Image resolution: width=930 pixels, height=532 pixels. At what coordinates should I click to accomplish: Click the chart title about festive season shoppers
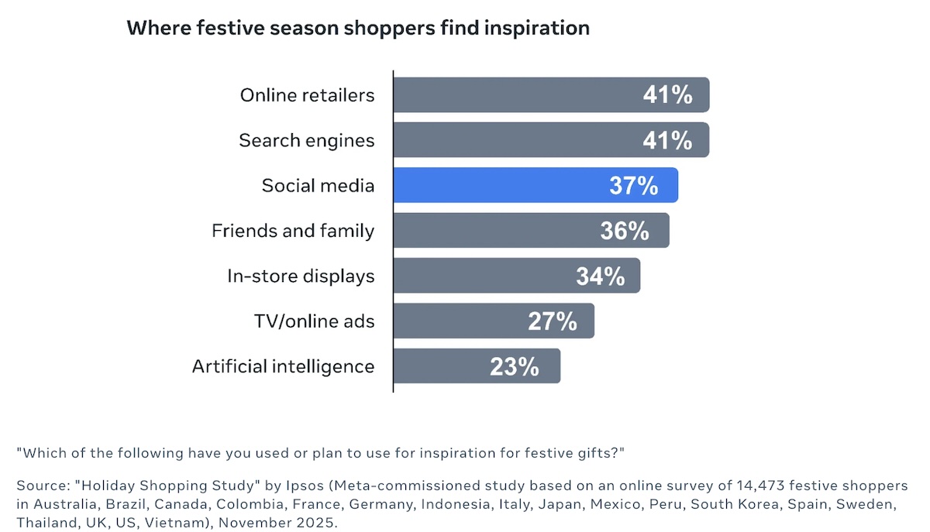pos(358,29)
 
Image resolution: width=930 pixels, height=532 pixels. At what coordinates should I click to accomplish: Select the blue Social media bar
pos(536,185)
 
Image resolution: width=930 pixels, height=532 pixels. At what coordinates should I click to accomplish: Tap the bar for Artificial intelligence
pos(477,366)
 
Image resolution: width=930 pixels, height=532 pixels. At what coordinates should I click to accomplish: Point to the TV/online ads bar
pos(494,321)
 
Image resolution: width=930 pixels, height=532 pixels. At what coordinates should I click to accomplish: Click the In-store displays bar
pos(516,276)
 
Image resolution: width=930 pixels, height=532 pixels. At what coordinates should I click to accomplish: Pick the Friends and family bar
pos(531,230)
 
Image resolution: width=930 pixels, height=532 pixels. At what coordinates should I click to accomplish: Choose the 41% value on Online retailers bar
pos(667,94)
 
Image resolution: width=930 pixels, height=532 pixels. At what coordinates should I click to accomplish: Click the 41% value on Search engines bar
pos(667,140)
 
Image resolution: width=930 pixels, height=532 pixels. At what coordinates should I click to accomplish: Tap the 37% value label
pos(634,185)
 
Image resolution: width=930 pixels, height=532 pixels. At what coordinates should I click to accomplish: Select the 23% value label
pos(515,366)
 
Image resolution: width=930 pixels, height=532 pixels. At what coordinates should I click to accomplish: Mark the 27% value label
pos(552,321)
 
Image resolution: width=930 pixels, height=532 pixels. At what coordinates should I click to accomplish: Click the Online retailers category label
pos(307,95)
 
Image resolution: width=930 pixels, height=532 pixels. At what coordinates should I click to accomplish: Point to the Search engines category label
pos(307,141)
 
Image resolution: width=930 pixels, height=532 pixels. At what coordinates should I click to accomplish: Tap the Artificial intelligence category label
pos(283,367)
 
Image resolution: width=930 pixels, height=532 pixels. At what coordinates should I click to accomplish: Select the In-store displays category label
pos(301,276)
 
